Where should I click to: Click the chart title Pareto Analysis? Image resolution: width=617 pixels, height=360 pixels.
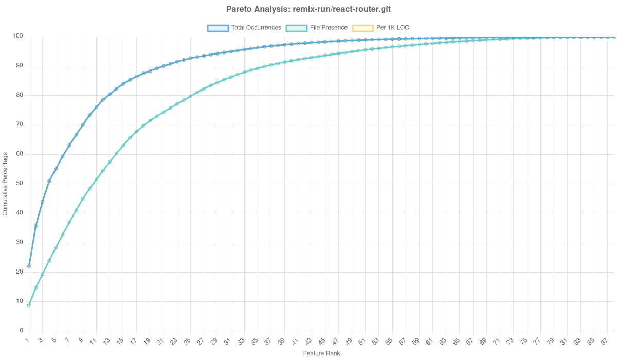pos(308,9)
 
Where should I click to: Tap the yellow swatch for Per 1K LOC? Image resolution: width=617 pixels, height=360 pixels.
pos(362,28)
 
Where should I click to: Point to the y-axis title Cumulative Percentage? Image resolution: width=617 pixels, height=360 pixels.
pos(5,183)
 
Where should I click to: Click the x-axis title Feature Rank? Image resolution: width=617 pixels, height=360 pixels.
pos(321,353)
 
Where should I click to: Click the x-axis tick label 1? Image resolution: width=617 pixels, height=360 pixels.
pos(28,340)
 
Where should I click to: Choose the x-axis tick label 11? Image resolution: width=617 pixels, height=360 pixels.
pos(94,341)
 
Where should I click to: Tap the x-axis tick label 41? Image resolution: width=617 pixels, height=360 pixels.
pos(294,341)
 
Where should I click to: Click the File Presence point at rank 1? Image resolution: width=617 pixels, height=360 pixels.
pos(29,305)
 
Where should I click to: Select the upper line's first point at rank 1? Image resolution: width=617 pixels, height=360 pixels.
pos(29,266)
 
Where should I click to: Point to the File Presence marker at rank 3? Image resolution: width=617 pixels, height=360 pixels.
pos(42,274)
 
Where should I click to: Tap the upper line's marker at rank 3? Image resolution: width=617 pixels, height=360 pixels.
pos(42,202)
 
